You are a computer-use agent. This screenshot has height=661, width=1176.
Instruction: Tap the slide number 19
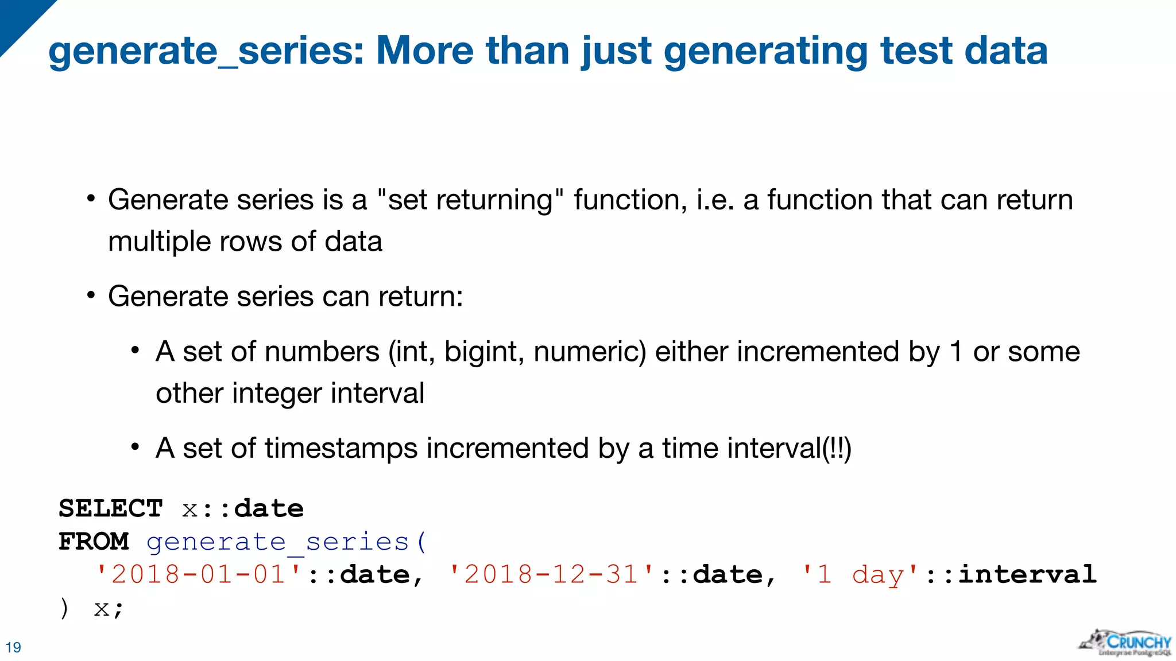click(x=13, y=647)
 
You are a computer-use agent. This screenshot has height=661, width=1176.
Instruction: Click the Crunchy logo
click(x=1125, y=643)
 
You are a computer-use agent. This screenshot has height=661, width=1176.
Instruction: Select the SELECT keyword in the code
click(x=111, y=508)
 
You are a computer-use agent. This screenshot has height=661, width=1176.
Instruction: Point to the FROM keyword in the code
click(x=94, y=541)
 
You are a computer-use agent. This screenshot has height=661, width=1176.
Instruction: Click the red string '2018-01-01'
click(x=199, y=574)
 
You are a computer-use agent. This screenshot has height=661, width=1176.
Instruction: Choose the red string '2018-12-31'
click(x=552, y=574)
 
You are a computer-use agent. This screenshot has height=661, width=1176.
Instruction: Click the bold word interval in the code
click(x=1028, y=574)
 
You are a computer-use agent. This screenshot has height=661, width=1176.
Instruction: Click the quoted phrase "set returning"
click(x=470, y=200)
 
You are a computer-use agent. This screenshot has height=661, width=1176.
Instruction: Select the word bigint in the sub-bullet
click(x=484, y=352)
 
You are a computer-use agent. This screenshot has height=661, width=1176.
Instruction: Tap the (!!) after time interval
click(x=837, y=448)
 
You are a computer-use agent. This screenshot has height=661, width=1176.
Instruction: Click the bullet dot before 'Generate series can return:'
click(x=91, y=296)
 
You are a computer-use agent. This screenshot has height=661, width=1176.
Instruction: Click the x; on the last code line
click(x=109, y=608)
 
